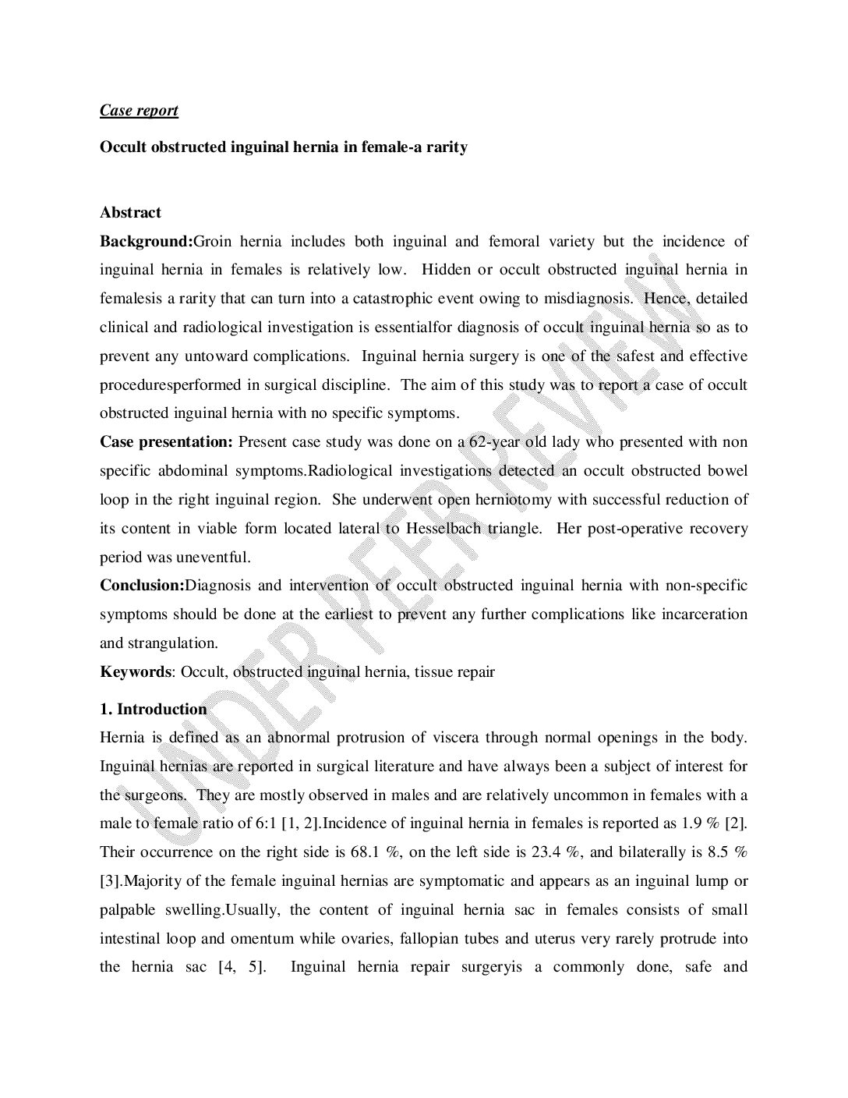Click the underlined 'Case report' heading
pyautogui.click(x=139, y=110)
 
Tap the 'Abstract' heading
pyautogui.click(x=130, y=212)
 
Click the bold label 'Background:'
pyautogui.click(x=146, y=241)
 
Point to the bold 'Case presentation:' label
pyautogui.click(x=166, y=442)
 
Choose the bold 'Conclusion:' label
pyautogui.click(x=142, y=586)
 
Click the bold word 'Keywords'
pyautogui.click(x=135, y=671)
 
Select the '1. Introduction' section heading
pyautogui.click(x=153, y=709)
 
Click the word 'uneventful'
pyautogui.click(x=214, y=558)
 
